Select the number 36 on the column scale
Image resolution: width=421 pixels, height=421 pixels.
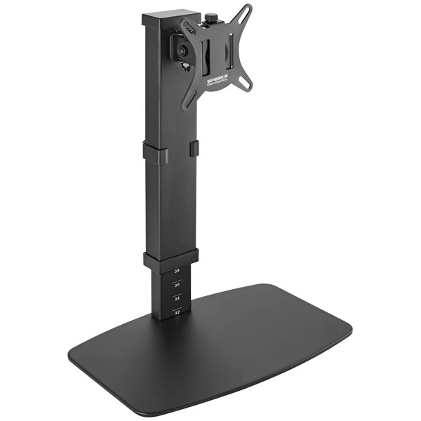[177, 285]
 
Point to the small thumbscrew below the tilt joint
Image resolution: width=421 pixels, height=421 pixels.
[184, 67]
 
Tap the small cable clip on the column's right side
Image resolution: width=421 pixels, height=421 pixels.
[193, 149]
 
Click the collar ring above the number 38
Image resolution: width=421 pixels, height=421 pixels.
[171, 258]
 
